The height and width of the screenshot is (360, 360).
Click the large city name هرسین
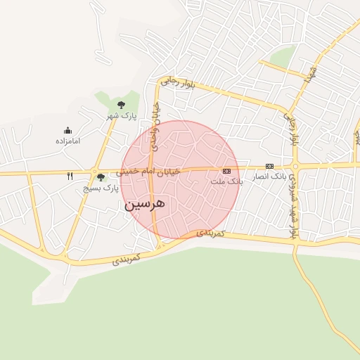(145, 204)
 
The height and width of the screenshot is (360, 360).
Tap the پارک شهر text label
(121, 115)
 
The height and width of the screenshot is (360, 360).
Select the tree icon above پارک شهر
(121, 105)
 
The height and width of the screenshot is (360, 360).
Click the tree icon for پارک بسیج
(101, 177)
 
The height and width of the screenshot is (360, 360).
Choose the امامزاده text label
(68, 141)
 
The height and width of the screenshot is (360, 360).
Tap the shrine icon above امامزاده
(67, 130)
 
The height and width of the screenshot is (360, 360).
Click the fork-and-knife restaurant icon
(70, 176)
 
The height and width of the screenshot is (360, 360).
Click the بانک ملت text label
(226, 181)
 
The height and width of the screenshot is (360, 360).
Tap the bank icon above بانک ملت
(226, 171)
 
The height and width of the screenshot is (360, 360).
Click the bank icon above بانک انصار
(269, 166)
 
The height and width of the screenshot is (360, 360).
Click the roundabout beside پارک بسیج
(94, 171)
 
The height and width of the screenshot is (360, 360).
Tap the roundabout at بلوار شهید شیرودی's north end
(296, 167)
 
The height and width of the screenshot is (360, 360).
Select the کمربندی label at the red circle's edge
(210, 232)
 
